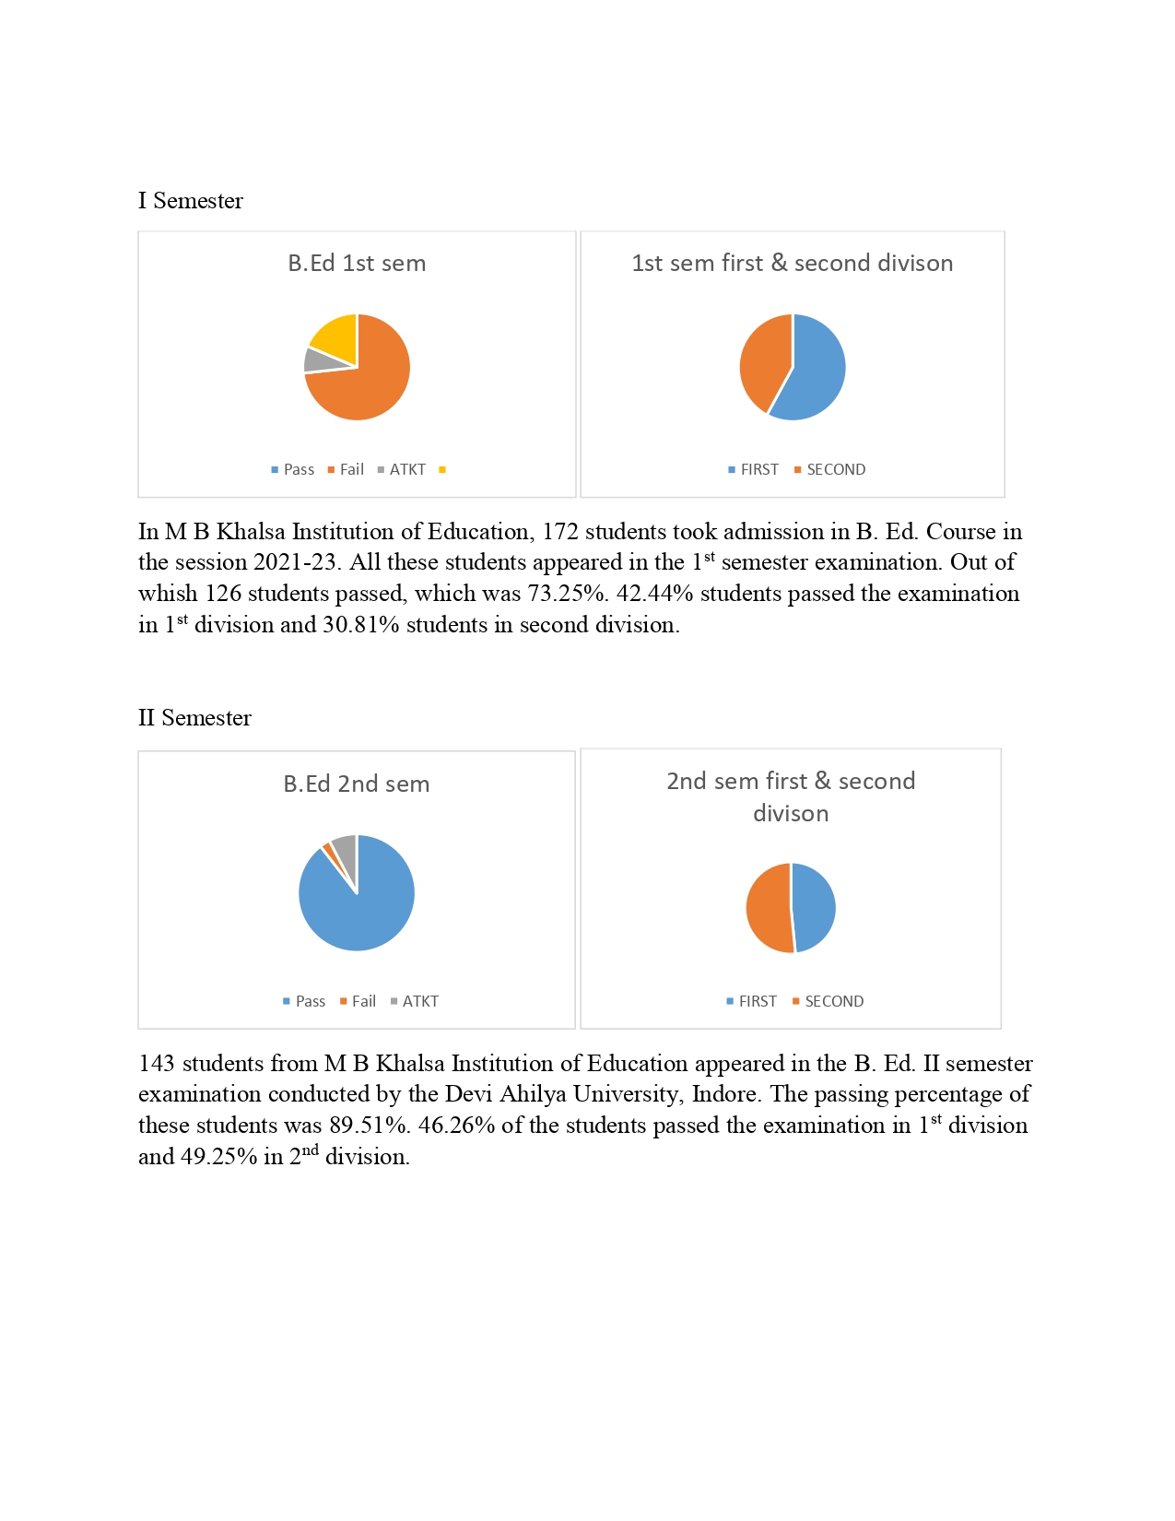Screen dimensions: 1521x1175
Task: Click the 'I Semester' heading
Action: [x=191, y=201]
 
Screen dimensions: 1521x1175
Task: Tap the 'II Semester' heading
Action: [x=194, y=718]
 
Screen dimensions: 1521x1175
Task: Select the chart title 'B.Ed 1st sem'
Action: [x=357, y=264]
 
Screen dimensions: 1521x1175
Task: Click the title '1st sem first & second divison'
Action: [x=792, y=264]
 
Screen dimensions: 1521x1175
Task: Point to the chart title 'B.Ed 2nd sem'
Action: [x=357, y=784]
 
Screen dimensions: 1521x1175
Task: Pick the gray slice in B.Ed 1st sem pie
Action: [x=316, y=360]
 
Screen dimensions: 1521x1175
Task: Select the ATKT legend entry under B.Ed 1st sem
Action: [x=402, y=470]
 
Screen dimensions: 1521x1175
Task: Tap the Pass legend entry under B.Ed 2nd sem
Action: [x=305, y=1002]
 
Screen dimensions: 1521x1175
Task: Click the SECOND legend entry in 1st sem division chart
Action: [x=830, y=470]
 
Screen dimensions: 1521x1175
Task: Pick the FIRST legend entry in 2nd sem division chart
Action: [x=752, y=1002]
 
